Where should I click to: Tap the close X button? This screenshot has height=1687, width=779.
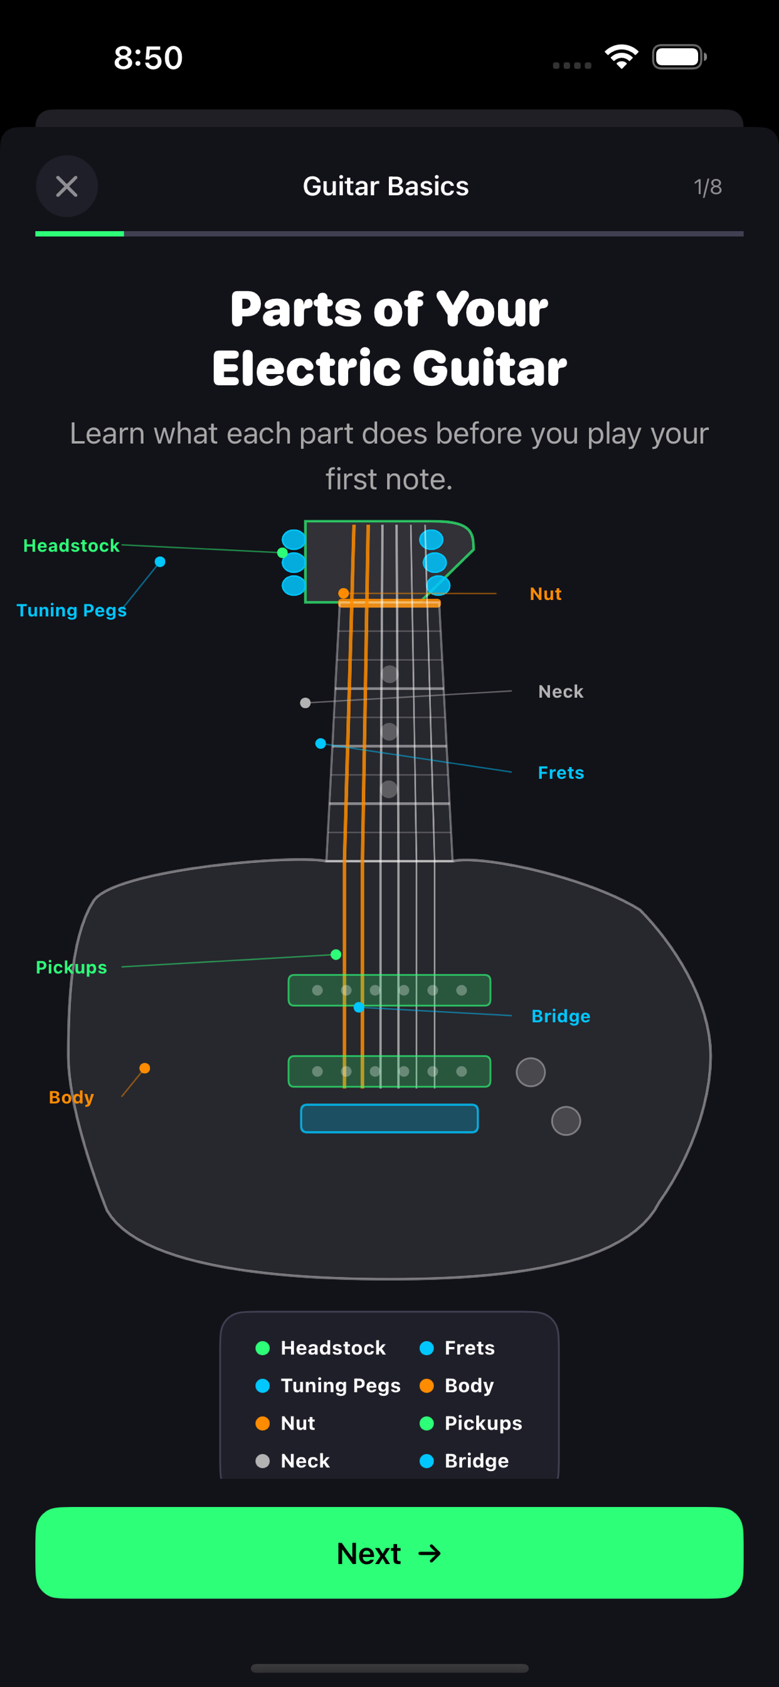[66, 186]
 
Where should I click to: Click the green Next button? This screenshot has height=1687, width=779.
[389, 1553]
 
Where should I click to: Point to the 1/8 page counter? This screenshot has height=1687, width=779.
[707, 187]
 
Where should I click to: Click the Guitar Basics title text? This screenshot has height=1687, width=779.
[386, 186]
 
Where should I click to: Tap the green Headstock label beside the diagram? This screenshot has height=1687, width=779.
[72, 545]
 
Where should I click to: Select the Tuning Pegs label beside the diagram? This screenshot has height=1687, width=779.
[72, 611]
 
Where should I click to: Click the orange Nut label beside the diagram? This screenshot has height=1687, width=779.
[545, 594]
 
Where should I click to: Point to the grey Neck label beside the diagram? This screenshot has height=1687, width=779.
[560, 692]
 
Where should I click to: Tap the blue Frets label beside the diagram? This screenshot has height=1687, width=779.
[561, 773]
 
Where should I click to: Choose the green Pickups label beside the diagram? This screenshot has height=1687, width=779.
[72, 967]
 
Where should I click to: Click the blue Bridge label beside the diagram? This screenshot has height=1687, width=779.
[561, 1016]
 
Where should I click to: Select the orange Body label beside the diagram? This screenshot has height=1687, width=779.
[72, 1097]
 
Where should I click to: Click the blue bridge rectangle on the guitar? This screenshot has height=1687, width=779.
[389, 1118]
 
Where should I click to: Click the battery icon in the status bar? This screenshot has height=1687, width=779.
[679, 57]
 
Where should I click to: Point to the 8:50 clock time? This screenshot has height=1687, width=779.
[148, 58]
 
